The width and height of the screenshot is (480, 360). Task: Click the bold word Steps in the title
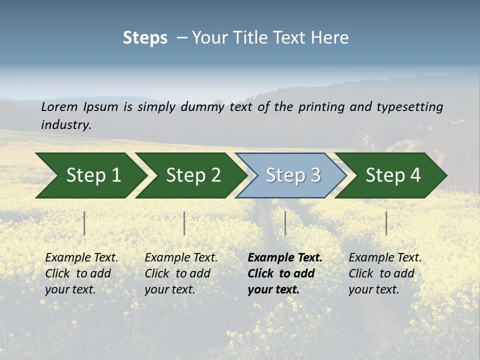pos(145,38)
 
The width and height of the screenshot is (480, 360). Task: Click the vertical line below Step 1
pos(84,223)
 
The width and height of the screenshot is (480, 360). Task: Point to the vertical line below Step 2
pos(184,223)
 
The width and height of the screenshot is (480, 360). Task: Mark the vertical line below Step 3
pos(285,223)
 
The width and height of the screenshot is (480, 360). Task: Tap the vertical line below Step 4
pos(386,223)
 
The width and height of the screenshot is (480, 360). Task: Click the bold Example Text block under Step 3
pos(285,273)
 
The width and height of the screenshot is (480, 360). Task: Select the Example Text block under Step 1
pos(81,273)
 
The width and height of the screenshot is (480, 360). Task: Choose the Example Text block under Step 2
pos(181,273)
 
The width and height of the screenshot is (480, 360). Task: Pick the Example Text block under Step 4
pos(385,273)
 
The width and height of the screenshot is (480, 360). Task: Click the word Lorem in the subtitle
pos(59,107)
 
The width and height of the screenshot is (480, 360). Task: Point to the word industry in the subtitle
pos(65,125)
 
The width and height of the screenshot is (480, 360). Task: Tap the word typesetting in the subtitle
pos(409,107)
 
